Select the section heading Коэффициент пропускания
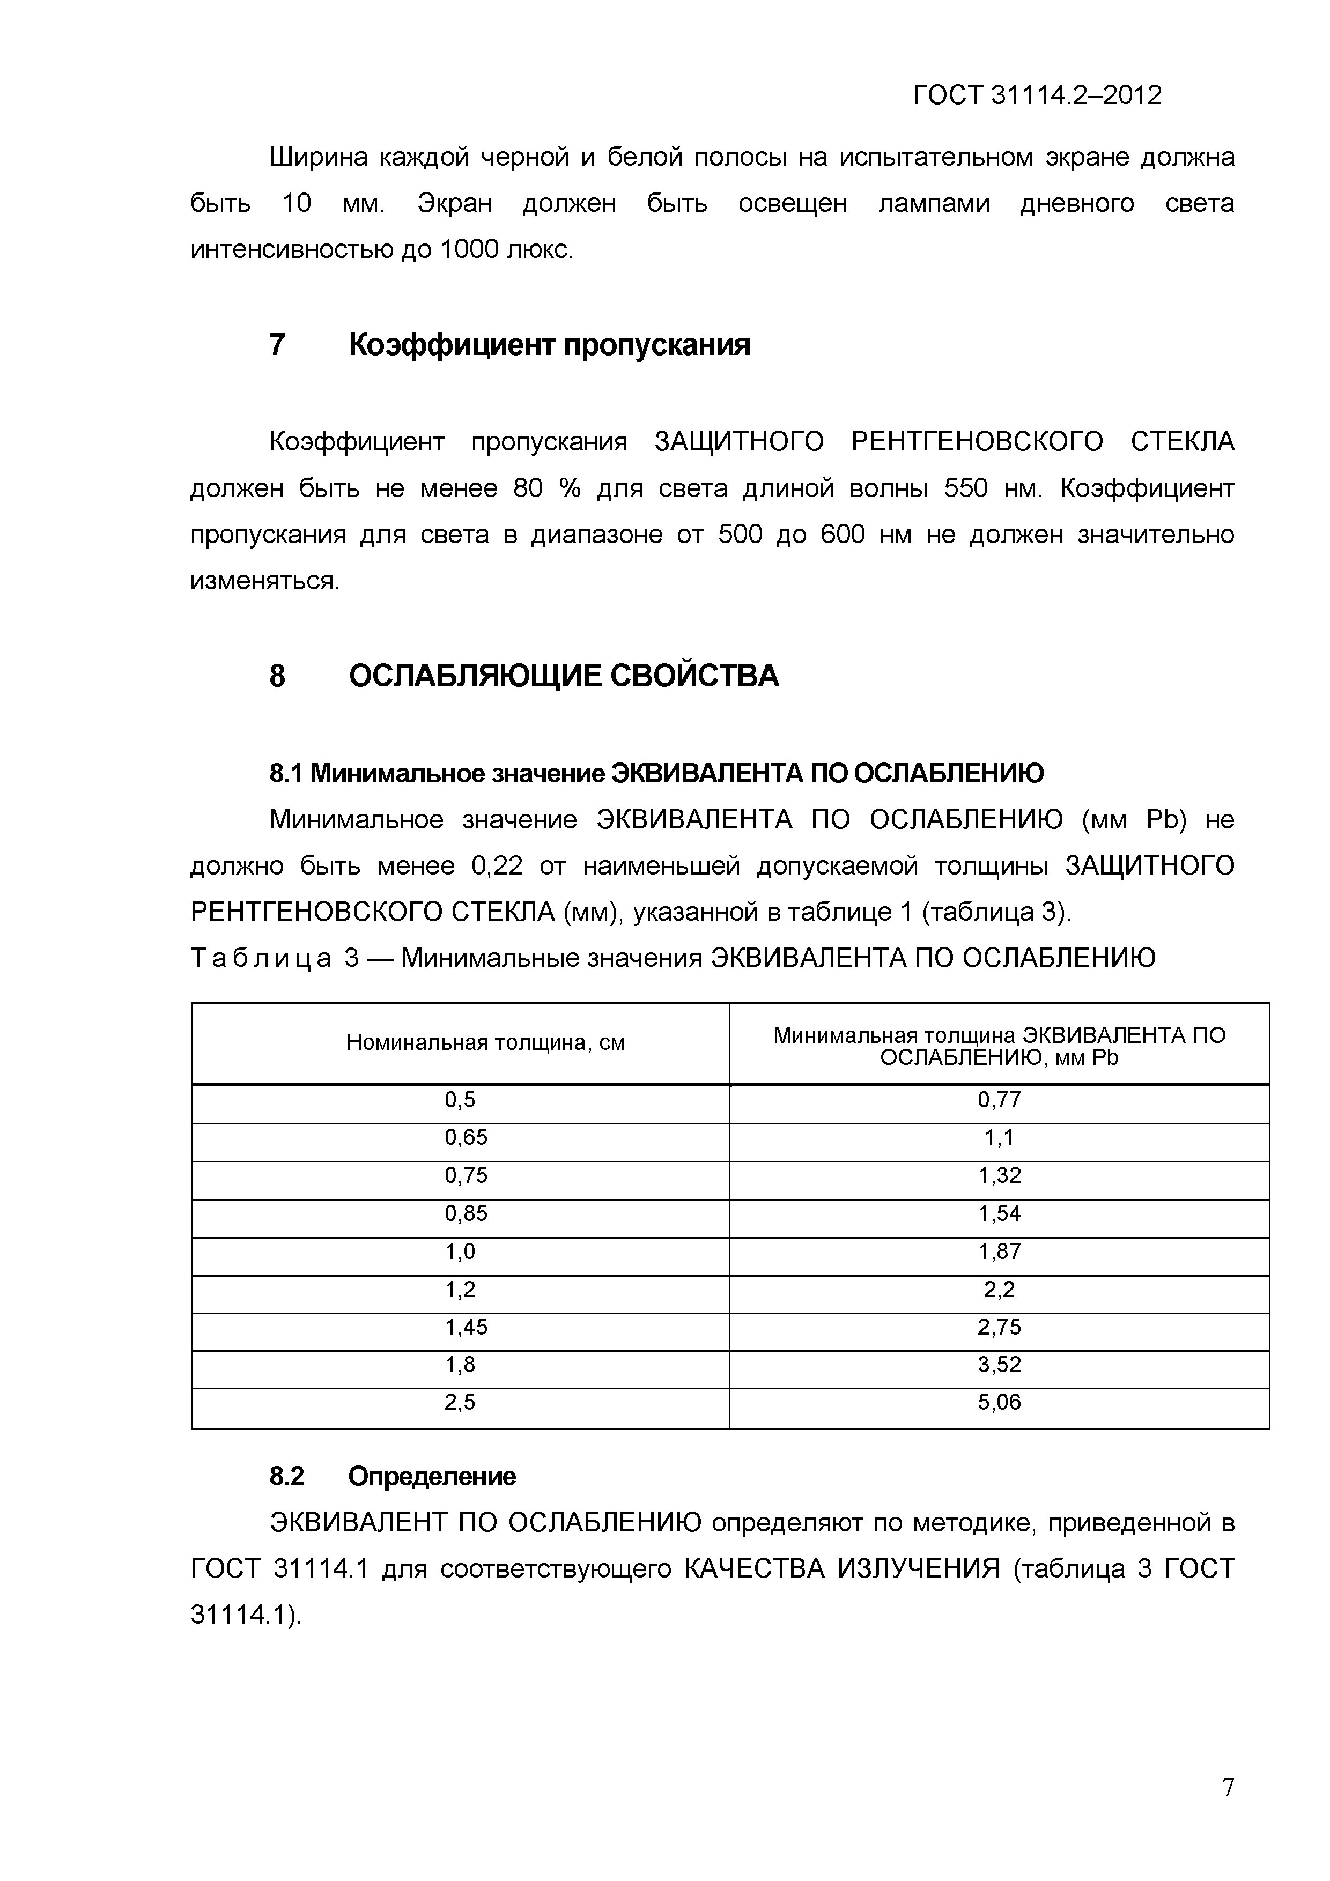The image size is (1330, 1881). (549, 345)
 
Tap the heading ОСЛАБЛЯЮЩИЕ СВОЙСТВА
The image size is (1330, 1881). (564, 676)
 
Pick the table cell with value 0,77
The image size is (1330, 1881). (999, 1099)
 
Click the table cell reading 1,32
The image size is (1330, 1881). (999, 1175)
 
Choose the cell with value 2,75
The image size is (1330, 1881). (999, 1327)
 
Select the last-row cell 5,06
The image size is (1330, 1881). (999, 1403)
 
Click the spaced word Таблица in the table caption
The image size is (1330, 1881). (261, 958)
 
